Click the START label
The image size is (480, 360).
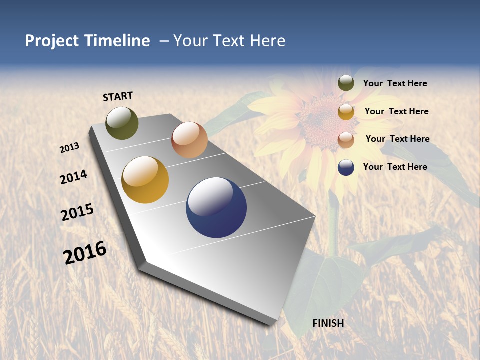click(118, 96)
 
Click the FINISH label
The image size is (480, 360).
click(328, 323)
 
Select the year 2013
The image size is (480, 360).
click(70, 148)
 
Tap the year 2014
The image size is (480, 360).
click(73, 177)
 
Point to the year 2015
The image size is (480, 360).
click(77, 212)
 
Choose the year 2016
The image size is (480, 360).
click(85, 252)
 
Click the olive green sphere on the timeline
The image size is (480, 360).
click(122, 123)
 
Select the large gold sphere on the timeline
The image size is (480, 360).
click(145, 180)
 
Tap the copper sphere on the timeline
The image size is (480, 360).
click(189, 140)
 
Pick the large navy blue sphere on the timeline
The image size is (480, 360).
click(216, 207)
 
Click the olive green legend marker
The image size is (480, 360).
click(346, 83)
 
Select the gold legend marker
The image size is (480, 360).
click(346, 112)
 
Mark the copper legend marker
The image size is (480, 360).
click(346, 140)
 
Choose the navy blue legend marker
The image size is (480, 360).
click(346, 167)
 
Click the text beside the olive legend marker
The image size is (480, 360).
click(395, 83)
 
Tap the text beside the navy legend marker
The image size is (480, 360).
click(395, 167)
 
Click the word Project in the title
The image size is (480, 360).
click(51, 41)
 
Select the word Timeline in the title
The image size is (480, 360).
click(117, 41)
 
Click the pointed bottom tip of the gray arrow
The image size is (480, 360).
click(272, 324)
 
